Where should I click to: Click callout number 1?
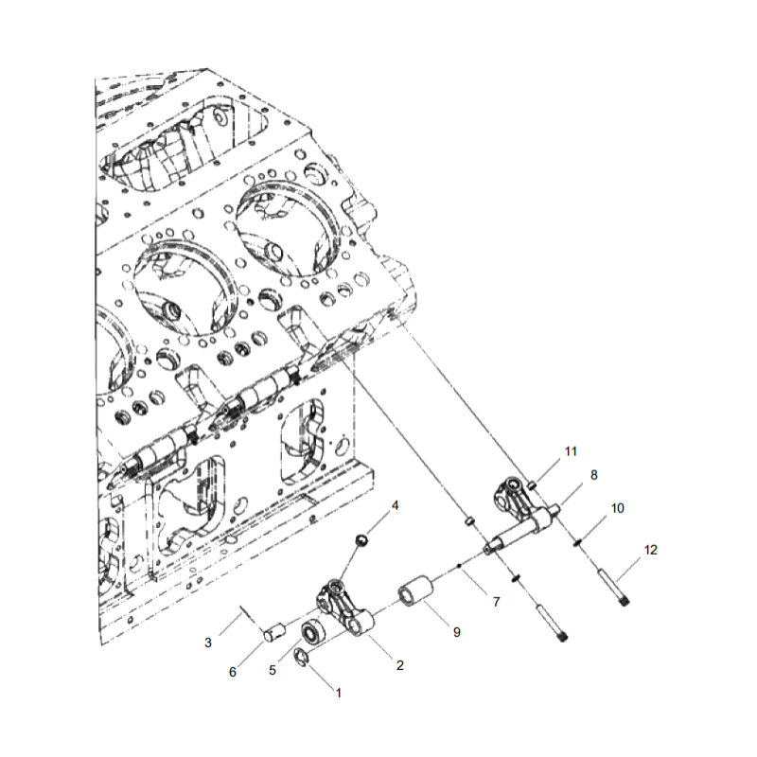339,692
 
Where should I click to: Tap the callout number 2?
399,665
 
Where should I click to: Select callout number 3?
208,643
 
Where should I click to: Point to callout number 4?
396,505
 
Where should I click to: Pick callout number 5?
273,670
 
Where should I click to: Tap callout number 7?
494,602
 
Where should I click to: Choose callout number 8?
593,476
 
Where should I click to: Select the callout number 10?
617,508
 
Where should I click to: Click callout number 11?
570,451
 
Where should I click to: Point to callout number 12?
650,550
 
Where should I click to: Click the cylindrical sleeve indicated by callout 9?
415,594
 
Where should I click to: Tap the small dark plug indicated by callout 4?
361,540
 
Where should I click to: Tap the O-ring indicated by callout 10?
577,541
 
